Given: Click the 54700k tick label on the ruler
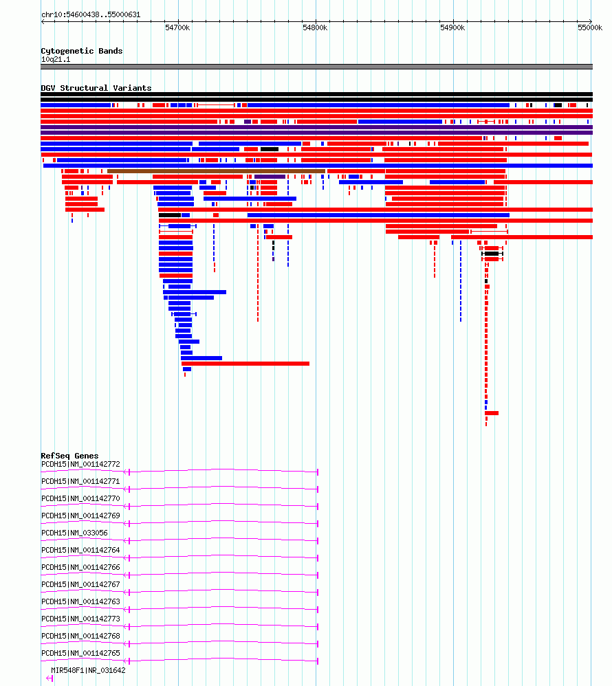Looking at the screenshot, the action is (x=177, y=27).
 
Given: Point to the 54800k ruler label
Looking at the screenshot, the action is (x=315, y=27).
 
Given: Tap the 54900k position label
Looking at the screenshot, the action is (x=452, y=27).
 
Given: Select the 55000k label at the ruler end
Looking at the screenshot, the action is (x=590, y=27).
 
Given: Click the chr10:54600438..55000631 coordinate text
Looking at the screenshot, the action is (x=91, y=14).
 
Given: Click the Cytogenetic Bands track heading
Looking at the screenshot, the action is (x=81, y=51).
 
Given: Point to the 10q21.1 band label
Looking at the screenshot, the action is (x=56, y=59).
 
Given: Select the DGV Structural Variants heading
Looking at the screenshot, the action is (x=96, y=88).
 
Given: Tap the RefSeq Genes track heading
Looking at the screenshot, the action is (x=69, y=456).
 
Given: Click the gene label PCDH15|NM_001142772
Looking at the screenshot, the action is (x=80, y=464).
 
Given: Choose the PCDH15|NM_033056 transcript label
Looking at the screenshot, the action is (x=74, y=533).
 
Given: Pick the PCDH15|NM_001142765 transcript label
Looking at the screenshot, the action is (x=80, y=653).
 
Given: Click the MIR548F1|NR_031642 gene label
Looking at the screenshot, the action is (x=88, y=670).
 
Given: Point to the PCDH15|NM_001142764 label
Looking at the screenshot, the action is (x=80, y=550).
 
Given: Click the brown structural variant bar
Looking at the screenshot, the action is (x=216, y=171).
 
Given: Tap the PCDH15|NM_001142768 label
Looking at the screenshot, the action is (x=80, y=636).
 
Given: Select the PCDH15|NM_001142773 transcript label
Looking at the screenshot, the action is (x=80, y=619).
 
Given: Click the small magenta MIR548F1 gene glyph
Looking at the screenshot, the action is (x=50, y=678).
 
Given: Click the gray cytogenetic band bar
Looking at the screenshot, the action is (x=316, y=67).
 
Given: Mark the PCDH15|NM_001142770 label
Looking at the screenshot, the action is (x=80, y=498).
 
